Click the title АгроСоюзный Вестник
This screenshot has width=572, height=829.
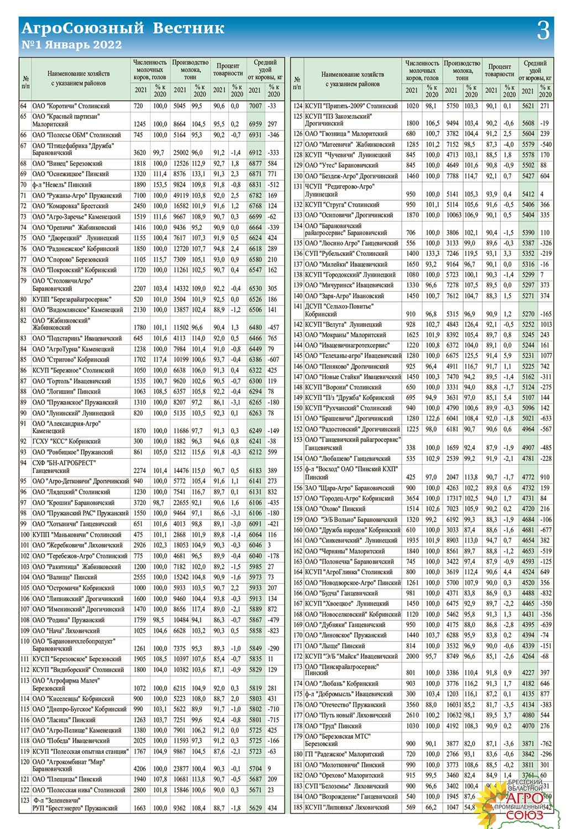(122, 28)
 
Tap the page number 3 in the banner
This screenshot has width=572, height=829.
(543, 30)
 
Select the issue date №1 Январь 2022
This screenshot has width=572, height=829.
(71, 45)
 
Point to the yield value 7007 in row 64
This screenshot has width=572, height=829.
(255, 106)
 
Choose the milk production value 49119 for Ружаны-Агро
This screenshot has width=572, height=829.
(180, 195)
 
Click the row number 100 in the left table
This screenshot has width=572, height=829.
(25, 534)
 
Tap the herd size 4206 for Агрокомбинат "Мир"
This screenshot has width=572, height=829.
(140, 768)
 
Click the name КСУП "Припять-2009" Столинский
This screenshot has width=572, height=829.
(351, 106)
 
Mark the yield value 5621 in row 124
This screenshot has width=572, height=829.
(528, 106)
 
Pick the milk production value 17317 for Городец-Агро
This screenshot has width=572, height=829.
(453, 498)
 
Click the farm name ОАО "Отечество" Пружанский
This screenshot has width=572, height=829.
(345, 705)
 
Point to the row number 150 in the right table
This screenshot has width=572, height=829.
(298, 408)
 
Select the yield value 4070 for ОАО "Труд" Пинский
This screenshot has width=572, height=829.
(528, 726)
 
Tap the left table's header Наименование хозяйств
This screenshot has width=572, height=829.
(78, 78)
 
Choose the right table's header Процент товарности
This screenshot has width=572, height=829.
(499, 70)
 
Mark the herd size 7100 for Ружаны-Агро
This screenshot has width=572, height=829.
(140, 195)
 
